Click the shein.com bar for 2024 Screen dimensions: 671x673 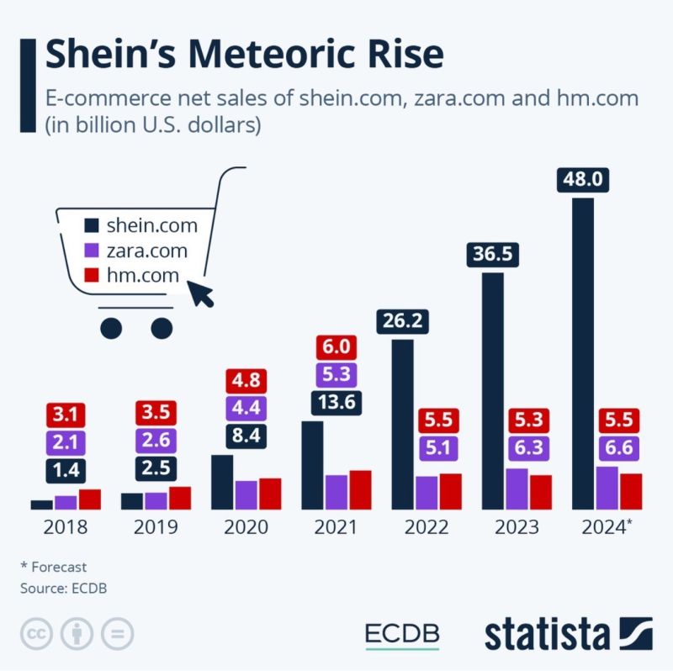582,353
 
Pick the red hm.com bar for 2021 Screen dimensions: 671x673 360,489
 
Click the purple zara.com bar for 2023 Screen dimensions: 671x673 516,489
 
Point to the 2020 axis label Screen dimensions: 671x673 246,528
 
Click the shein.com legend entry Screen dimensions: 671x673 140,225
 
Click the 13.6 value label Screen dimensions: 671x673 336,402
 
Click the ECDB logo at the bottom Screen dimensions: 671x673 402,635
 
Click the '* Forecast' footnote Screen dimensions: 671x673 53,567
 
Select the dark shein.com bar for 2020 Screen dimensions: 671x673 222,482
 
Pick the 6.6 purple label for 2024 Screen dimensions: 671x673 621,446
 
